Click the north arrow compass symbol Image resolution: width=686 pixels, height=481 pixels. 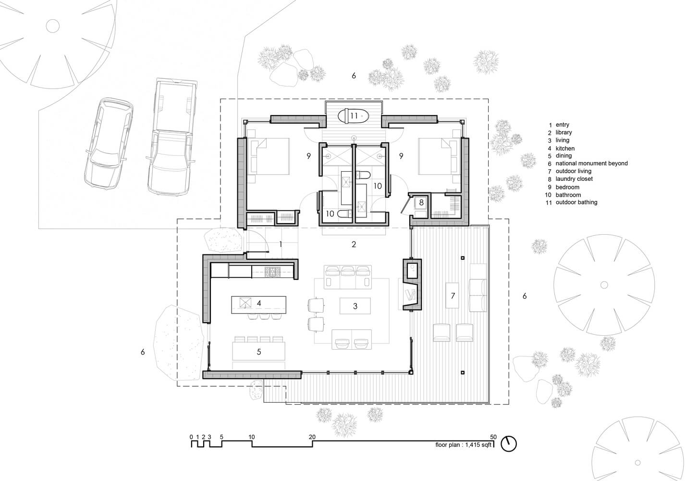[x=509, y=443]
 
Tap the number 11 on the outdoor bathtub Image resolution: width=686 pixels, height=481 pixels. [x=354, y=116]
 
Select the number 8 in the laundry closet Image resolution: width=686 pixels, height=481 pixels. [x=421, y=203]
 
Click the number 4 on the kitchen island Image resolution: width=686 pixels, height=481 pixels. [x=259, y=303]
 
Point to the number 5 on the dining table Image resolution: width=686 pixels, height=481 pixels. [x=259, y=352]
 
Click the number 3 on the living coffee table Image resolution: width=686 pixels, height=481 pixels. [x=355, y=306]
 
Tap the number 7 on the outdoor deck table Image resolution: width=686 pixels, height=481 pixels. [x=453, y=295]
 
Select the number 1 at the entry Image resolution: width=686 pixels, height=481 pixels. [x=281, y=244]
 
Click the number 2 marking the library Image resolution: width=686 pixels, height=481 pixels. [x=354, y=244]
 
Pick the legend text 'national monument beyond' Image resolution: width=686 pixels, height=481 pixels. [x=592, y=164]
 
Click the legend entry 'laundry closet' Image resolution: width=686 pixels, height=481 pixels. [x=574, y=179]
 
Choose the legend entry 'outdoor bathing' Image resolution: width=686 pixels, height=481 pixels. [x=576, y=203]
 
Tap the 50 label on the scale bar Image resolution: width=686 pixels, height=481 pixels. [x=493, y=437]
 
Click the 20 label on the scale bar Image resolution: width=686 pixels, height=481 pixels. [x=312, y=437]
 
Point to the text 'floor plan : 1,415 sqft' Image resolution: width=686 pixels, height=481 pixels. [x=464, y=445]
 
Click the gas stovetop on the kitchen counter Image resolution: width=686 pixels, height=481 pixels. [x=272, y=272]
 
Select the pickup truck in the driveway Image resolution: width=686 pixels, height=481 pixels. [x=171, y=137]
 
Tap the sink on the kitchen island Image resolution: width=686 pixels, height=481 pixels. [x=245, y=303]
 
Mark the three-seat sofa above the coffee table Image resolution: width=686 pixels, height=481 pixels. [x=348, y=277]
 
